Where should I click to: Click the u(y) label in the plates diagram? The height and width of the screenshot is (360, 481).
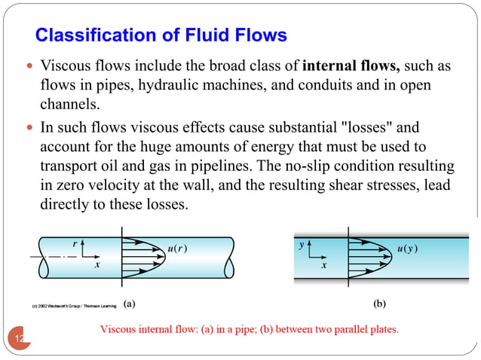pos(408,249)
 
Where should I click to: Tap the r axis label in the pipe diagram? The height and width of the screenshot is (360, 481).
pos(74,243)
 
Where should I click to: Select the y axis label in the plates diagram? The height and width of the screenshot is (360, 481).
pos(302,245)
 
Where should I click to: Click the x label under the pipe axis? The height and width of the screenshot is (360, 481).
pos(97,266)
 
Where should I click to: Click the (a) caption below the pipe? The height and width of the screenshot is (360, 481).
pos(130,304)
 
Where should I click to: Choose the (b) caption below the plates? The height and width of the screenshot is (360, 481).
pos(378,304)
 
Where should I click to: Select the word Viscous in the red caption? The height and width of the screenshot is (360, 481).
pos(118,329)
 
